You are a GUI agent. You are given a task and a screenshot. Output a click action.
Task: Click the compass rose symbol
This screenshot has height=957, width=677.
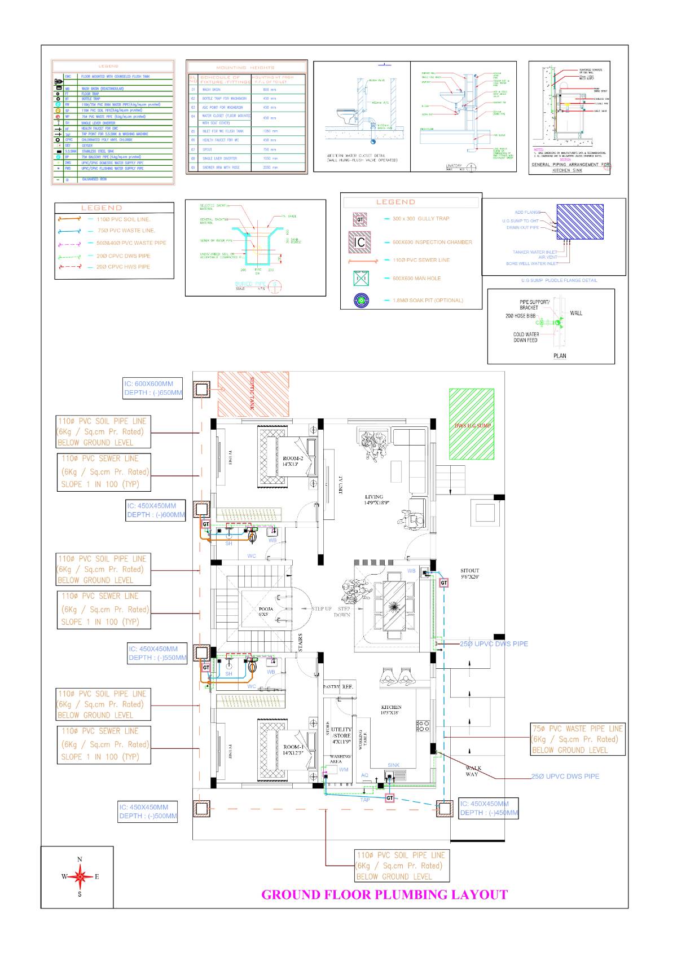tap(80, 876)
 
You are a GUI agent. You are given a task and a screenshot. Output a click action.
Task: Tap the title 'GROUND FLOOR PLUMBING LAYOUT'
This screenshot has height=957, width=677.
tap(384, 894)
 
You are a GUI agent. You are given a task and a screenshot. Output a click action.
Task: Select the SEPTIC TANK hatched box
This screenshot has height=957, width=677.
tap(253, 394)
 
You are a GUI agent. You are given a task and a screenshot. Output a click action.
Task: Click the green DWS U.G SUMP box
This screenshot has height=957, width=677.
tap(472, 424)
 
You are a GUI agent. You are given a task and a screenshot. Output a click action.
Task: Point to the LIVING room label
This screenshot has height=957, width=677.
tap(374, 500)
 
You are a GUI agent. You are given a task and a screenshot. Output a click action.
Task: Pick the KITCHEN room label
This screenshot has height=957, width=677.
tap(391, 709)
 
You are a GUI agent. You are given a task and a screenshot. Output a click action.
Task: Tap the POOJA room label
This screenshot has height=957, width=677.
tap(266, 611)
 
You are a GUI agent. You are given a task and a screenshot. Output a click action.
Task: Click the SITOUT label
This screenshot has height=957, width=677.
tap(469, 574)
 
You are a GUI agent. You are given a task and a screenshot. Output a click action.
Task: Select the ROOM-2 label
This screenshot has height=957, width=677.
tap(293, 461)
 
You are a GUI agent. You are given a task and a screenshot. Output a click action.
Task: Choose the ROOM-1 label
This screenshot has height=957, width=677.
tap(293, 749)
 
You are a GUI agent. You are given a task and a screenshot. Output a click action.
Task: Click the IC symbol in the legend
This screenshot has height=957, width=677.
tap(359, 242)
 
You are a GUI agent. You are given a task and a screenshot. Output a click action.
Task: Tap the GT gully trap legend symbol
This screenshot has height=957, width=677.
tap(359, 219)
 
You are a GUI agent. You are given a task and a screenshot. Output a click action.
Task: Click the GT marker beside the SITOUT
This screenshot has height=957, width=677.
tap(444, 583)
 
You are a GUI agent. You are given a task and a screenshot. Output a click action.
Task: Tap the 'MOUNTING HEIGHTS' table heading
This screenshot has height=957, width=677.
tap(245, 67)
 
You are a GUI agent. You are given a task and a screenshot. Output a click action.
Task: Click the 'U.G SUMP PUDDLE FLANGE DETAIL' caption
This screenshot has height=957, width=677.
tap(559, 280)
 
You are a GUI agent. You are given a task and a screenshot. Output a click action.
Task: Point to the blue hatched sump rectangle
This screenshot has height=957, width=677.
tap(580, 222)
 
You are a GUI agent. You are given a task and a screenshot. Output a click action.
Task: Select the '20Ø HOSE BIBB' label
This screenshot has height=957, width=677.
tap(520, 316)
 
